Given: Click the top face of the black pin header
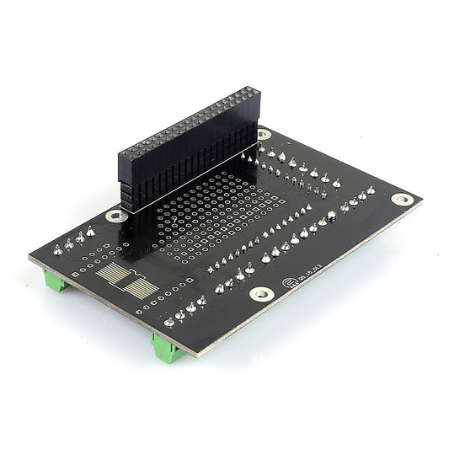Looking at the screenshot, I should click(189, 119).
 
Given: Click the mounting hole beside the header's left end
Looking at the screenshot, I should click(115, 216).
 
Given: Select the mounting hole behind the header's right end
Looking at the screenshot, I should click(264, 134).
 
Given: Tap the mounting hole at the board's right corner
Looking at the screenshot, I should click(403, 200).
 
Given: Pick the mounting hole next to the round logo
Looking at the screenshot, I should click(262, 294).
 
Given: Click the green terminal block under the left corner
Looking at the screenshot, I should click(56, 282).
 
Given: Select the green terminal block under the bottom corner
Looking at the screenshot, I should click(168, 346).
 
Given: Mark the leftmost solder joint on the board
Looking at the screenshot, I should click(57, 249).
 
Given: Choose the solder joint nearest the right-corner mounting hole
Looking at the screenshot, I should click(371, 190).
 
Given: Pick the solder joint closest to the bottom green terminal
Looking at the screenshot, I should click(169, 320).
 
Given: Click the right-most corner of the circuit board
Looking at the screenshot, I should click(422, 200).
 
